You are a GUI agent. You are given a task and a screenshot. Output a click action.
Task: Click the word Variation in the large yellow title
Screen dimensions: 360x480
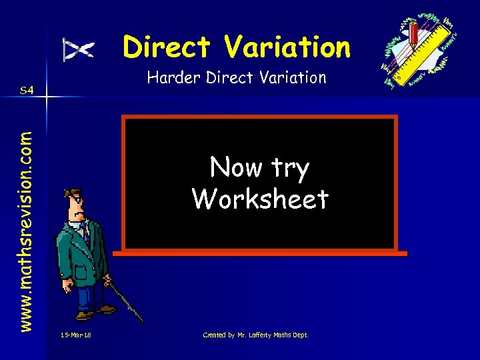click(288, 47)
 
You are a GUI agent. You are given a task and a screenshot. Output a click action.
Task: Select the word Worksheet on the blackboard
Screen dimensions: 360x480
click(260, 199)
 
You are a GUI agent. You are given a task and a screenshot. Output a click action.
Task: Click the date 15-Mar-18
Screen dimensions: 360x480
click(75, 335)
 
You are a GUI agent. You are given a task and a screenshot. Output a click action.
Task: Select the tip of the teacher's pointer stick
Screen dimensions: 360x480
click(141, 321)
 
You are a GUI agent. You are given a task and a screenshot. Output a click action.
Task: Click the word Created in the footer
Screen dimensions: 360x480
click(214, 335)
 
